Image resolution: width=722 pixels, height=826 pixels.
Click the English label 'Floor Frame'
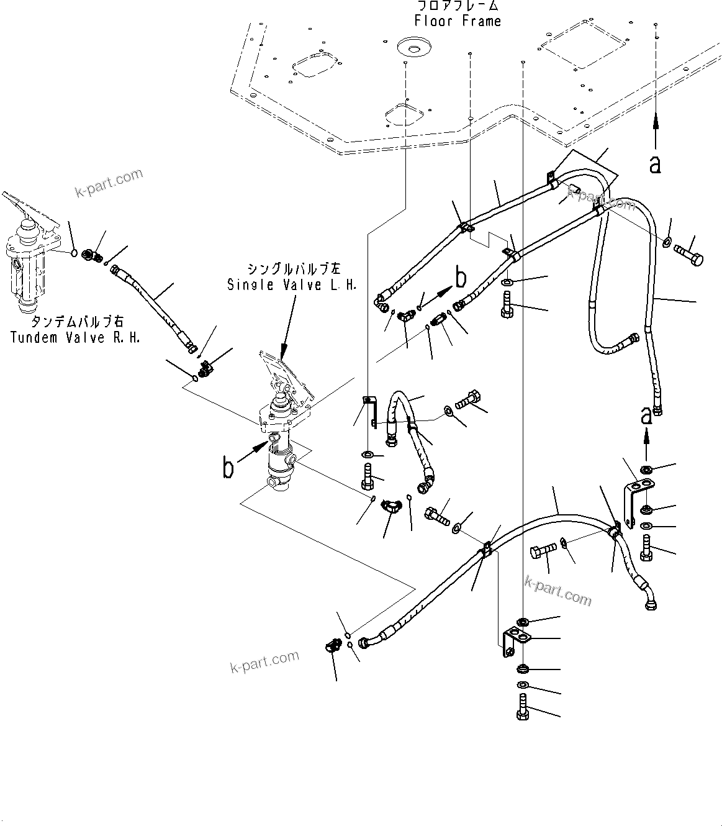[458, 21]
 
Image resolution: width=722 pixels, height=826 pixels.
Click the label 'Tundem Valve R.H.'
[76, 337]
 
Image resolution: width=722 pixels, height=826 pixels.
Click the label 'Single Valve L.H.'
[292, 285]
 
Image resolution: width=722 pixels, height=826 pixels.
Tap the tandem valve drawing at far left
[30, 255]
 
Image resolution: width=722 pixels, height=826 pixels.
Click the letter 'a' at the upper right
[655, 165]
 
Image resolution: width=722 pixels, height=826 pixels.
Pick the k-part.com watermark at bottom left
[264, 662]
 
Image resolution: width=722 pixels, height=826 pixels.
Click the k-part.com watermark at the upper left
[109, 184]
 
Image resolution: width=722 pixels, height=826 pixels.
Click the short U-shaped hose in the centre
[410, 435]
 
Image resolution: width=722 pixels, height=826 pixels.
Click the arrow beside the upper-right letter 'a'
[656, 130]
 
